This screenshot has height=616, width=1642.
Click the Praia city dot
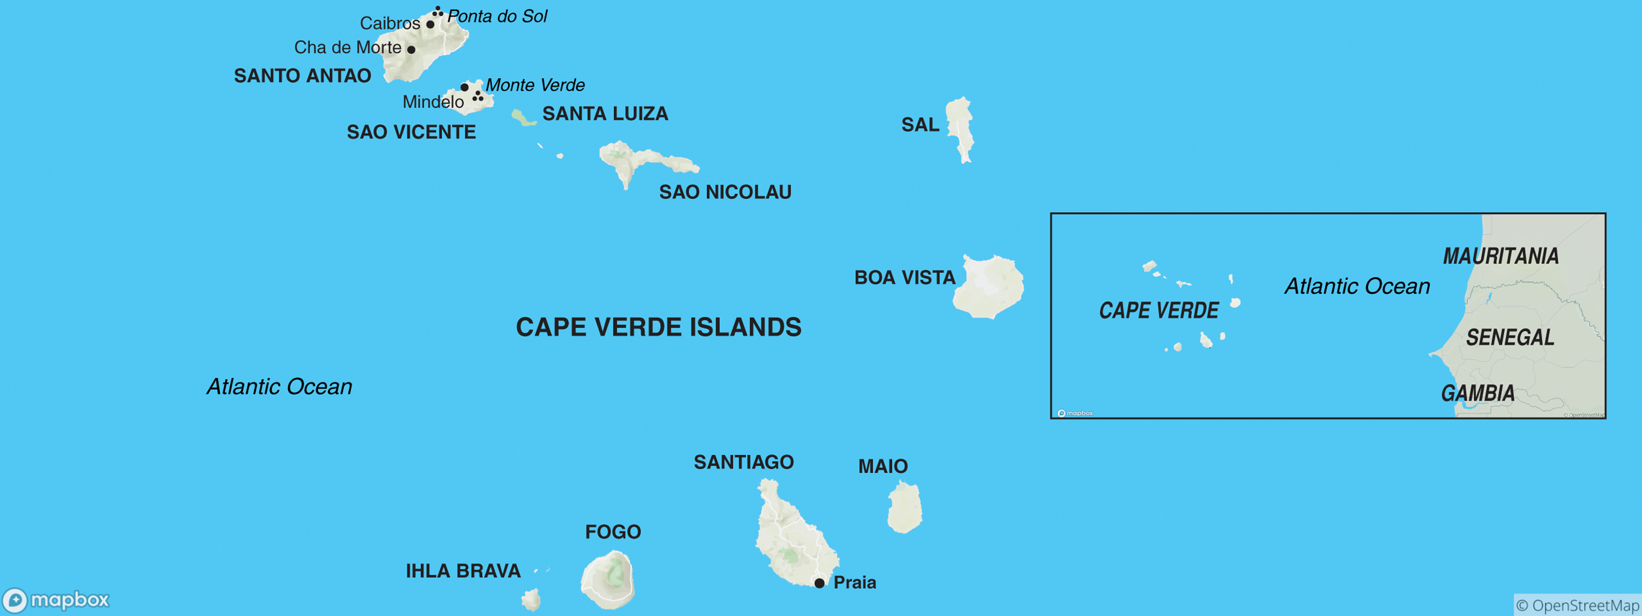click(x=819, y=583)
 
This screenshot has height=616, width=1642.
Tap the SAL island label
click(x=920, y=124)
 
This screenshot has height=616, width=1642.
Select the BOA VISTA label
click(x=905, y=277)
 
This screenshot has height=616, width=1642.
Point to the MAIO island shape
click(x=905, y=508)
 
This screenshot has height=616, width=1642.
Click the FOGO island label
click(x=613, y=532)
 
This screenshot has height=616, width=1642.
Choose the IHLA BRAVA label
click(x=463, y=571)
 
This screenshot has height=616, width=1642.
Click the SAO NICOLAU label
click(x=725, y=192)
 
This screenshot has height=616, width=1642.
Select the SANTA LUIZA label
click(x=605, y=113)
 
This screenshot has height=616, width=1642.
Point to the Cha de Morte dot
click(x=411, y=50)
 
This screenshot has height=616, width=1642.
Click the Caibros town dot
click(x=431, y=24)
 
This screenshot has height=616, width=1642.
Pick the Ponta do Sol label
click(x=497, y=16)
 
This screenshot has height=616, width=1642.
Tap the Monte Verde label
click(x=535, y=85)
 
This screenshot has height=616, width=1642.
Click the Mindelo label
click(x=433, y=102)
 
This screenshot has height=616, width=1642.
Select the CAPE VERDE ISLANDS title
click(x=658, y=327)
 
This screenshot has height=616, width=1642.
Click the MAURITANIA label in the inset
click(x=1500, y=256)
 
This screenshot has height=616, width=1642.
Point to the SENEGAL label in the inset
click(x=1510, y=337)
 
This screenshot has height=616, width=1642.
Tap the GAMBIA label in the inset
click(x=1478, y=393)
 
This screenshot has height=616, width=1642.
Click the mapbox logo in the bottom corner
click(x=56, y=600)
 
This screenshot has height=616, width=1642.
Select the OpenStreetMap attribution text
click(x=1576, y=605)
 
